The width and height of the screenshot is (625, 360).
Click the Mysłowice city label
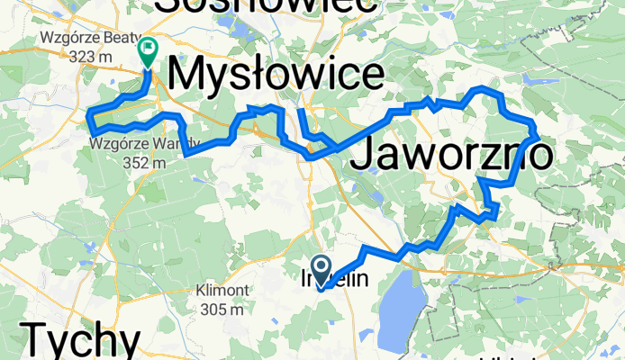(276, 76)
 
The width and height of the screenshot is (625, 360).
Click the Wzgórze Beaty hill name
(88, 39)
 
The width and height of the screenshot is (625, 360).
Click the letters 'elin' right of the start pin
(351, 279)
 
